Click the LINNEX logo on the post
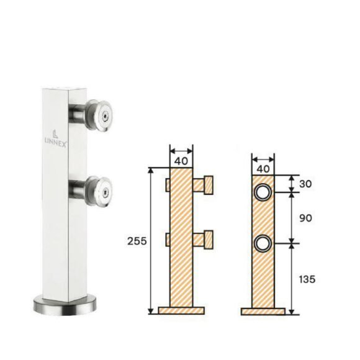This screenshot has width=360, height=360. tap(55, 138)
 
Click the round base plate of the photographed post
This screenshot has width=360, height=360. tap(65, 305)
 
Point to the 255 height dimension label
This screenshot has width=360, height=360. tap(137, 241)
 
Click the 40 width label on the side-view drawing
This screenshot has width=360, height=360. tap(181, 161)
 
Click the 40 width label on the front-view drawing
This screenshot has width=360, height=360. tap(263, 169)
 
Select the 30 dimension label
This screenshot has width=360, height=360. tap(305, 184)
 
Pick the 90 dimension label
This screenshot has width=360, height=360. tap(305, 218)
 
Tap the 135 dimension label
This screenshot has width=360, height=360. tap(307, 279)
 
